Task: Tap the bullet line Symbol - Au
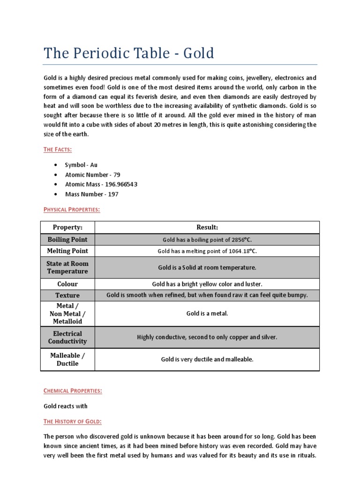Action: click(81, 165)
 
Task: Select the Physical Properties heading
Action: click(72, 210)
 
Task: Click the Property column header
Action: click(67, 227)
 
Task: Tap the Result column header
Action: click(207, 227)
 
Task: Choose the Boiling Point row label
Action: click(67, 240)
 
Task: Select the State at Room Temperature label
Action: click(67, 267)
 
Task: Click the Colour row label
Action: click(67, 284)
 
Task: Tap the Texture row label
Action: click(67, 295)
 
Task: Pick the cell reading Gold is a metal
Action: click(207, 314)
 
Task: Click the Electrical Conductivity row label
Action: click(67, 337)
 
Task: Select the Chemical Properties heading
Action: click(73, 390)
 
